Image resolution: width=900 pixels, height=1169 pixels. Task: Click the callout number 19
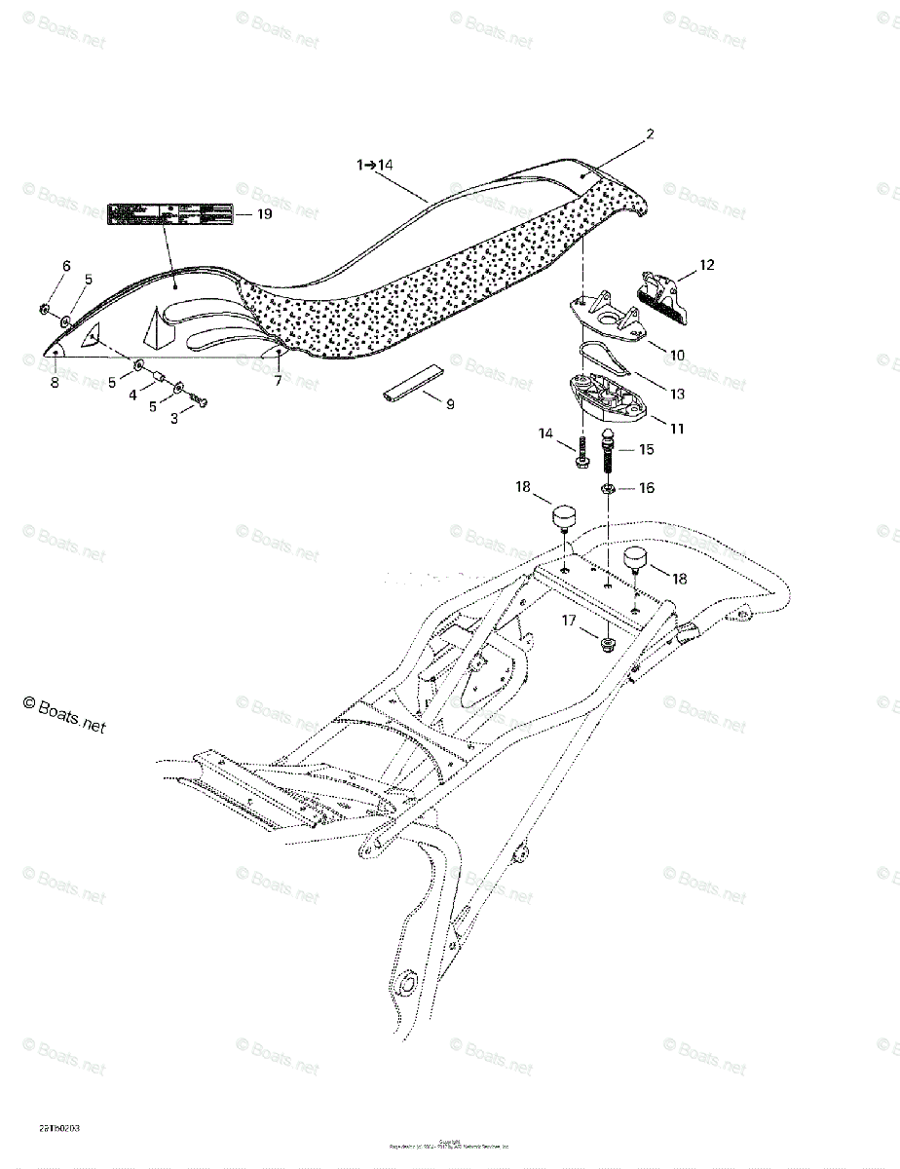pyautogui.click(x=264, y=215)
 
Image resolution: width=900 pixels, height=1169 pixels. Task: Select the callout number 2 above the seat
pyautogui.click(x=651, y=134)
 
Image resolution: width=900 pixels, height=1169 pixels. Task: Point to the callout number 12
pyautogui.click(x=706, y=264)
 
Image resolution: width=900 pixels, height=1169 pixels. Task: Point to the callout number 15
pyautogui.click(x=646, y=450)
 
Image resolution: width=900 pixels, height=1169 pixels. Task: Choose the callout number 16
pyautogui.click(x=646, y=487)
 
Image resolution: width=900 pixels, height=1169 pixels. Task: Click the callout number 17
pyautogui.click(x=569, y=620)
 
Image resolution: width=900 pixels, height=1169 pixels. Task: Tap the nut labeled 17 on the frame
pyautogui.click(x=607, y=644)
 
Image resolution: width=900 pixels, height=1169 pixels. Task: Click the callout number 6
pyautogui.click(x=66, y=266)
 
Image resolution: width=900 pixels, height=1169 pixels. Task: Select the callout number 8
pyautogui.click(x=55, y=383)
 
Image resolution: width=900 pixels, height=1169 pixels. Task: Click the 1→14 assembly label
pyautogui.click(x=374, y=166)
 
